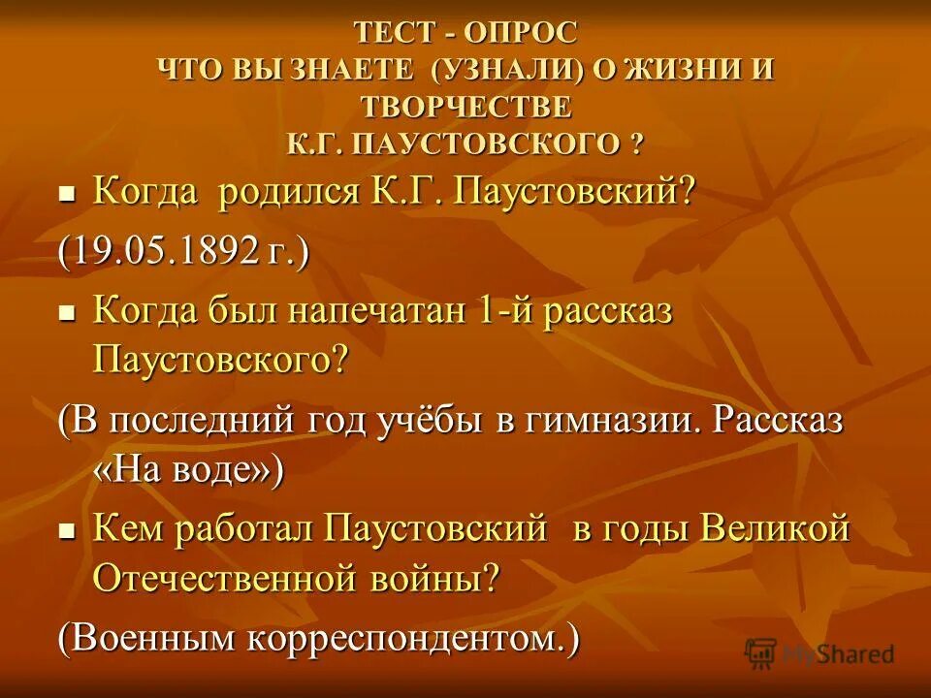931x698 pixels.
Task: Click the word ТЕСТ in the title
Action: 394,33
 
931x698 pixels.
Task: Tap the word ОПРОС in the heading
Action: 520,33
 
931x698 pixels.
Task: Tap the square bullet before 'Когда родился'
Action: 67,192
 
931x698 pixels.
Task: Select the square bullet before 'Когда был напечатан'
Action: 67,314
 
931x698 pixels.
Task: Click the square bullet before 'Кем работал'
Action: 67,531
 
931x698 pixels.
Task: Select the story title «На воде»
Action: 188,470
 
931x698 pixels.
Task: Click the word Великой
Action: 775,529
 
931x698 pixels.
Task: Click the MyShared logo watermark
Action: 820,652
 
